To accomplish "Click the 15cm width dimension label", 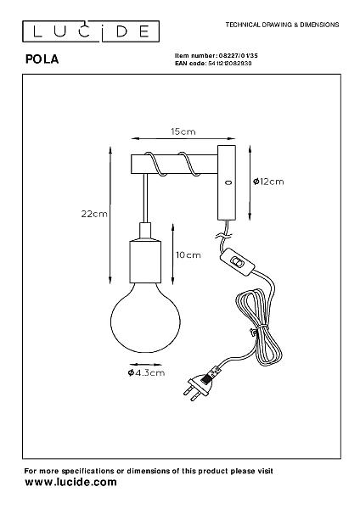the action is click(x=183, y=131).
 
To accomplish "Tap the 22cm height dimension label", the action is click(x=94, y=214).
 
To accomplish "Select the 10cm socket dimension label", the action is click(x=188, y=255).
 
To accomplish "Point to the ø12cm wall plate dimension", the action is click(x=268, y=182).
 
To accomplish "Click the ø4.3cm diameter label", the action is click(x=146, y=372).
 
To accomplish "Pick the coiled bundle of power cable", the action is click(x=259, y=327).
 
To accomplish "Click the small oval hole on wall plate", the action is click(x=228, y=182).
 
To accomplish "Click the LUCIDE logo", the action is click(x=91, y=31).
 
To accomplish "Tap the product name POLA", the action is click(x=42, y=59).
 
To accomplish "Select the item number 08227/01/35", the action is click(x=237, y=56).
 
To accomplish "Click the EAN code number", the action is click(x=230, y=64).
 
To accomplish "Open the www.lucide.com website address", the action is click(x=70, y=482).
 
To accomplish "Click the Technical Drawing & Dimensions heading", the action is click(x=283, y=25).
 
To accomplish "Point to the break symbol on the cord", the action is click(x=223, y=235).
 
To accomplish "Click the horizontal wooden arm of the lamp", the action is click(x=174, y=165).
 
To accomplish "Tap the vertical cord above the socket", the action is click(x=145, y=198).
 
